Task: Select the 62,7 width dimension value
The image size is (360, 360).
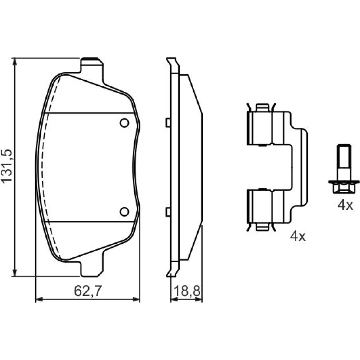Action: coord(88,291)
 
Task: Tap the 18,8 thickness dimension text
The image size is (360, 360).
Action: coord(187,291)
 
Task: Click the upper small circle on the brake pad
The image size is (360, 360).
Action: coord(125,123)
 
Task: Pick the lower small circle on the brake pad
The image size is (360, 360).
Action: coord(125,211)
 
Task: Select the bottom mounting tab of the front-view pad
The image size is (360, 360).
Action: coord(92,269)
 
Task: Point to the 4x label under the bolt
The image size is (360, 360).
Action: coord(345,205)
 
